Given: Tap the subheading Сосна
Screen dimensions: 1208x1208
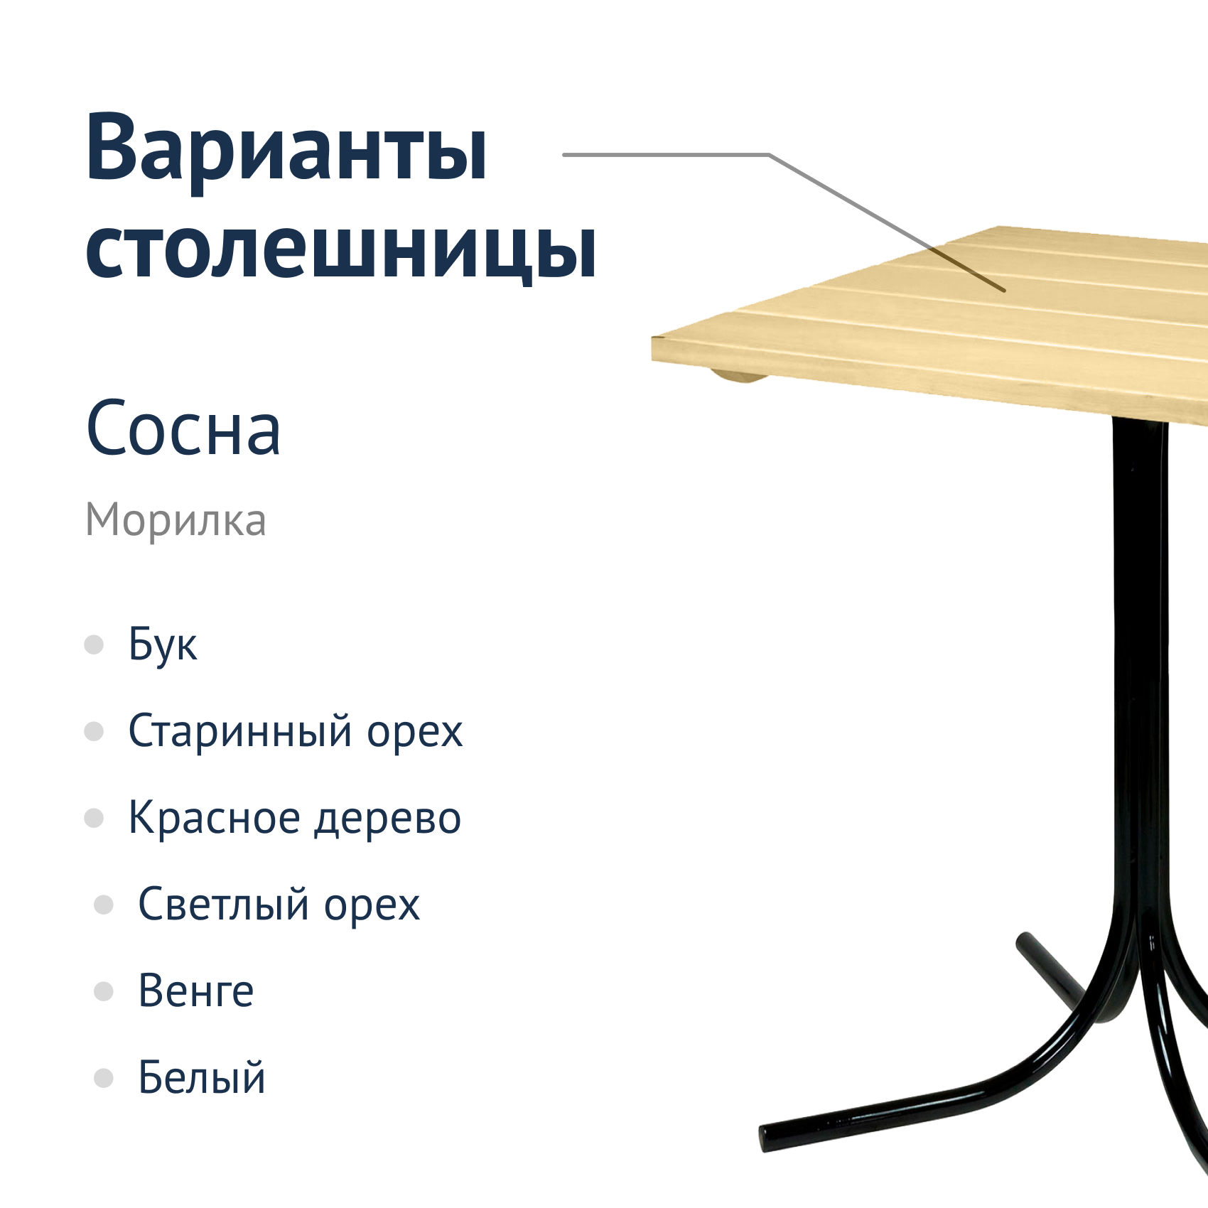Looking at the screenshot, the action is coord(183,428).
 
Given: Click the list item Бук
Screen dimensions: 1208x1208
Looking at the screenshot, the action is coord(163,645).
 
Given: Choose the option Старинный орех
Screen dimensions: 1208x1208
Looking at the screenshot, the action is coord(296,731).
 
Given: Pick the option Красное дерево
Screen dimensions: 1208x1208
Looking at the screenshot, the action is coord(295,818).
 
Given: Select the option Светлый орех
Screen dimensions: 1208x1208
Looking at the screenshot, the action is coord(279,905).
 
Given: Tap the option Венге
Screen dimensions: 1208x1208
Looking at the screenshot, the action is coord(196,991).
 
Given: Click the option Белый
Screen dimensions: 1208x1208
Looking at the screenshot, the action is coord(202,1077).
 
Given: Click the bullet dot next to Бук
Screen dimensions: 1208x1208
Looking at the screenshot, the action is coord(94,645).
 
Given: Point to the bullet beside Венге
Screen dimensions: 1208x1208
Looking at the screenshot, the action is coord(104,991).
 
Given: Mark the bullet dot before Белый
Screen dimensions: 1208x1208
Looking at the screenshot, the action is coord(104,1078).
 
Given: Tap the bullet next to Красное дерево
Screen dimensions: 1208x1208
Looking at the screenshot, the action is coord(94,818).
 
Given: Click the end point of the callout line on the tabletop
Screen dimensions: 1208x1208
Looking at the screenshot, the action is coord(1005,291).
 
